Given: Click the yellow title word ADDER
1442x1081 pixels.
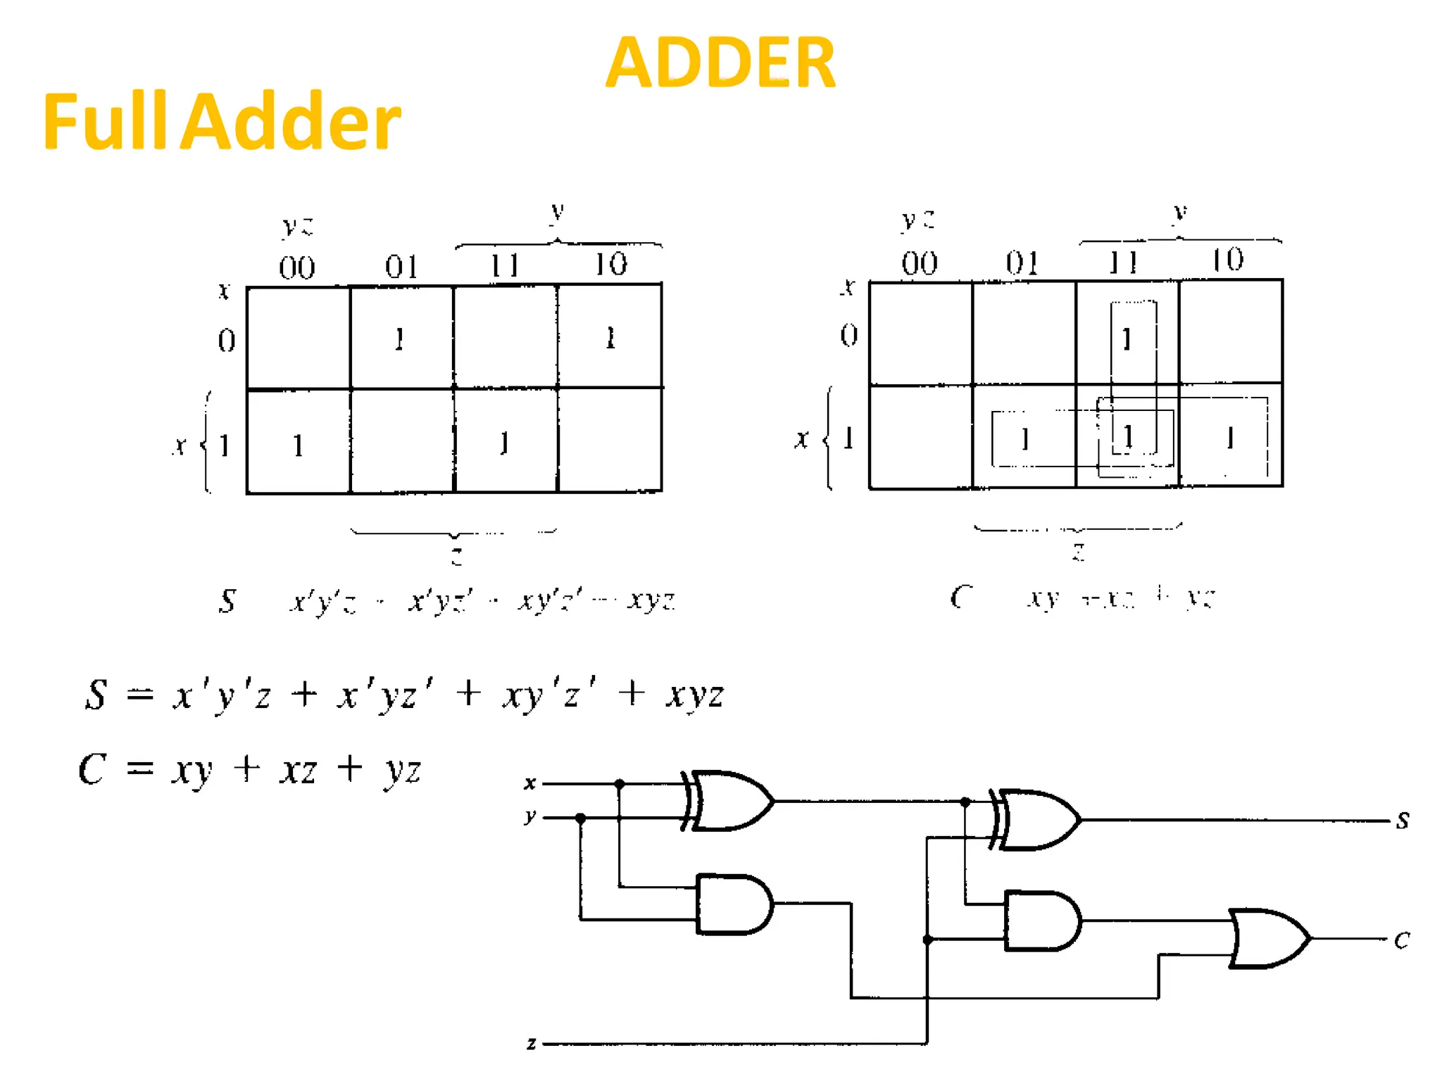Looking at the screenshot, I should coord(720,63).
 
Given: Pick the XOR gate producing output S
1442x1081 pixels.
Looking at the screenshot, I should coord(1038,820).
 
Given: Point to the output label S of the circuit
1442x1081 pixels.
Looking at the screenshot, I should coord(1403,820).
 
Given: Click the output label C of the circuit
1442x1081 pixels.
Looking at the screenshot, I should coord(1402,940).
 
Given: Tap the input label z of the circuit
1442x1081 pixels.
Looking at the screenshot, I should coord(532,1043).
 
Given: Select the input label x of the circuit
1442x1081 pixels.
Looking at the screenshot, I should coord(530,783).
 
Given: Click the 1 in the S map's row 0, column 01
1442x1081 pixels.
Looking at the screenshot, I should coord(399,339).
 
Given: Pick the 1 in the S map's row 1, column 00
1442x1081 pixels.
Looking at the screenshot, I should coord(298,445).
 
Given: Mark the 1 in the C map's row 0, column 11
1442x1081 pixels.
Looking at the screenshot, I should coord(1127,339).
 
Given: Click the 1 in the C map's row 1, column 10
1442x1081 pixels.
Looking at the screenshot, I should coord(1229,438).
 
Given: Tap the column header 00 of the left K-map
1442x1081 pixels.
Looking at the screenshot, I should coord(297,267).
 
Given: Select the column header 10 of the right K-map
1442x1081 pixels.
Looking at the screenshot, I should coord(1227,260).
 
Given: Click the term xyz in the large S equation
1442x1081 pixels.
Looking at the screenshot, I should coord(694,695).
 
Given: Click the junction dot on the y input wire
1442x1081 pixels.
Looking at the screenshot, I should coord(580,818).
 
